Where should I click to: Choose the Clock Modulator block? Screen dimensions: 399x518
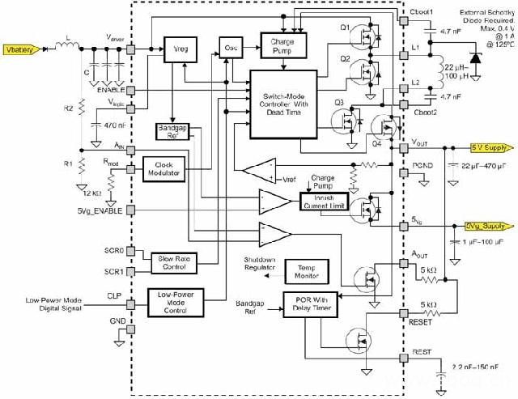(x=164, y=168)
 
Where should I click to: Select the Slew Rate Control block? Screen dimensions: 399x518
(x=175, y=261)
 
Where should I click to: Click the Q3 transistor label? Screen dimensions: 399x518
(x=339, y=103)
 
